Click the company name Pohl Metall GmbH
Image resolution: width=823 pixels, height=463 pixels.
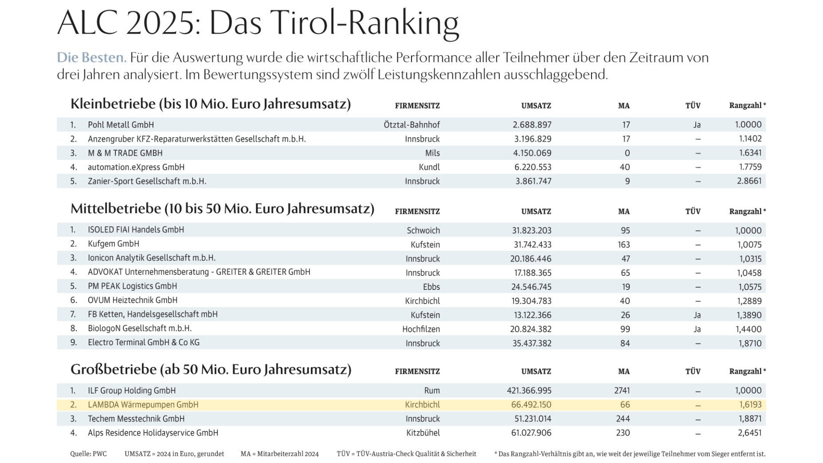point(120,125)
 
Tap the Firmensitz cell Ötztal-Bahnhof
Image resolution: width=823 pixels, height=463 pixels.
point(411,125)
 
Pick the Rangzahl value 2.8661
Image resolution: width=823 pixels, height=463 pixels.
point(749,181)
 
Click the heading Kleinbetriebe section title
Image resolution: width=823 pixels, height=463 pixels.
point(210,104)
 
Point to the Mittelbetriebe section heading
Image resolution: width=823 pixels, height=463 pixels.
point(222,209)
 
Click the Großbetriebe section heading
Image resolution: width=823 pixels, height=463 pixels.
point(210,370)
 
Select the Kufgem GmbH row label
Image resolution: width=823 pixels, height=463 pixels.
point(113,244)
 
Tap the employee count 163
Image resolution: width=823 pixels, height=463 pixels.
point(624,244)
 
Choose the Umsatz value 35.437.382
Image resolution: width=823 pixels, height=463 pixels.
point(532,343)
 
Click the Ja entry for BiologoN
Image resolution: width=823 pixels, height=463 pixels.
point(697,329)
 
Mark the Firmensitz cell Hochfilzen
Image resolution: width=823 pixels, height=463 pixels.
point(421,329)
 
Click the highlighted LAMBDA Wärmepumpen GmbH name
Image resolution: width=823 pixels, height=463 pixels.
point(143,405)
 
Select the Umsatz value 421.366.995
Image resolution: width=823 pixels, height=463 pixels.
point(529,391)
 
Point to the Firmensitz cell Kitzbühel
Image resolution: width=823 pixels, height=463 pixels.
point(423,433)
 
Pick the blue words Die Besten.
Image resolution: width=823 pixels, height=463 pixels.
point(91,58)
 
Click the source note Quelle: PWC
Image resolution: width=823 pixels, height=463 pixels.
point(88,454)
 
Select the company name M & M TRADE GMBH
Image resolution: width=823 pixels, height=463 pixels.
point(125,153)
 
